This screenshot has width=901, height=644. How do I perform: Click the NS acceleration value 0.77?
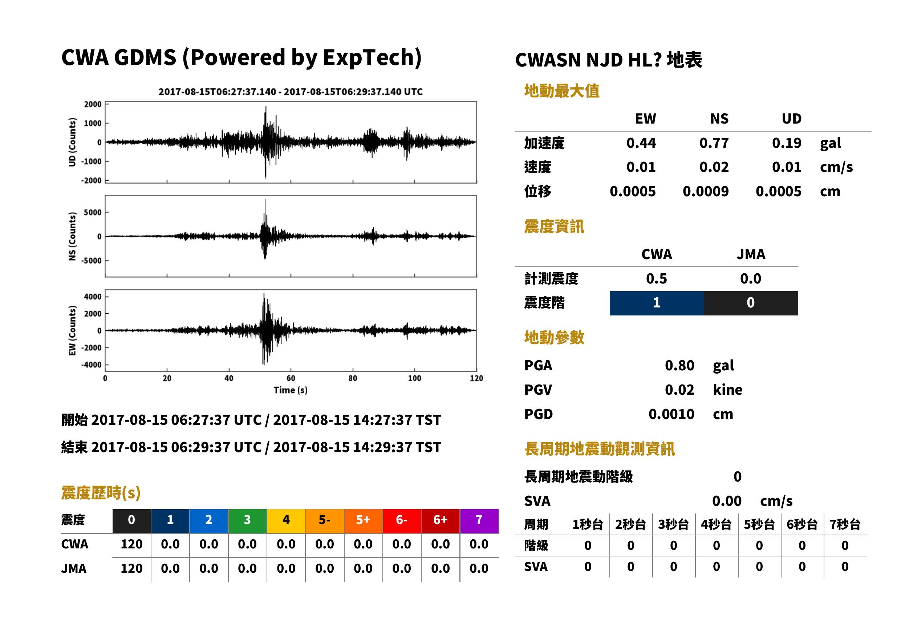[x=714, y=143]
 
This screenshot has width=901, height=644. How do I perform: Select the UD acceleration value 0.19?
[x=786, y=143]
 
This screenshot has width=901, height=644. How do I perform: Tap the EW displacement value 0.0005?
[x=632, y=192]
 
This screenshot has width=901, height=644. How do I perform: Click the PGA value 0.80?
[x=679, y=365]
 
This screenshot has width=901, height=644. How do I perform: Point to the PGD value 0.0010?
[x=671, y=414]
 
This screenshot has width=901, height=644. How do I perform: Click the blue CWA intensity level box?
[x=657, y=303]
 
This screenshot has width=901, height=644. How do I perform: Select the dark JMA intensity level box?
[x=751, y=303]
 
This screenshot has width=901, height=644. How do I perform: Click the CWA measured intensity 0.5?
[x=657, y=279]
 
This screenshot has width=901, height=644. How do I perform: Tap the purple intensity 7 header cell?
[x=479, y=521]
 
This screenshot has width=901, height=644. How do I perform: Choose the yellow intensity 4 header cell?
[x=286, y=521]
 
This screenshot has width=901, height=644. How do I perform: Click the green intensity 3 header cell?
[x=247, y=521]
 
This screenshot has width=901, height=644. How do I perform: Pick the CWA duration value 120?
[x=131, y=544]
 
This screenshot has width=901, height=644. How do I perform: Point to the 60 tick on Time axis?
[x=291, y=378]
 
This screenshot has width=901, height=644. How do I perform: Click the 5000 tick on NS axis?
[x=93, y=213]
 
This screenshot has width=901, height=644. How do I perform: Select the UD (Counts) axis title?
[x=72, y=142]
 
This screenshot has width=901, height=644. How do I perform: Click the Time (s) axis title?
[x=291, y=390]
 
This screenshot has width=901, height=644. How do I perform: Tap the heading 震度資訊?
[x=554, y=227]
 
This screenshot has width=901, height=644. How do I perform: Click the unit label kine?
[x=727, y=390]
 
